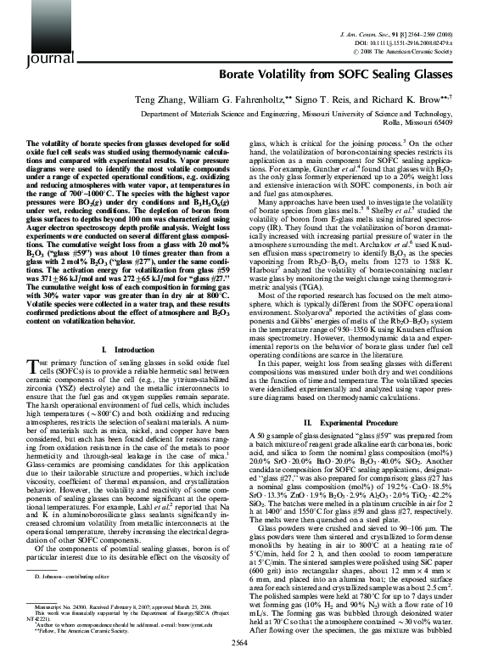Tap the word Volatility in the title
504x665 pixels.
295,75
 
